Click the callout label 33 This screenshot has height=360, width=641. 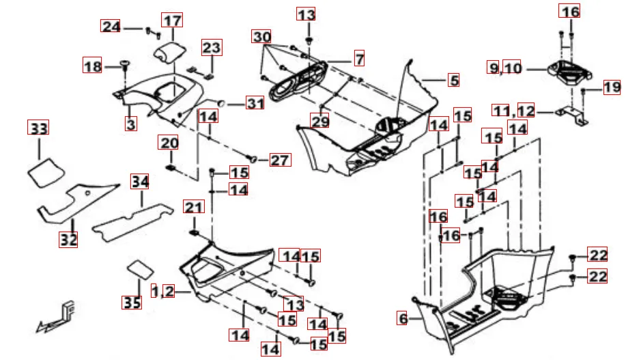click(x=39, y=127)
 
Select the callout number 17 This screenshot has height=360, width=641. click(x=172, y=20)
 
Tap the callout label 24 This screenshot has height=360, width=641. click(x=111, y=27)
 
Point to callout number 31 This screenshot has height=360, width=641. click(x=255, y=104)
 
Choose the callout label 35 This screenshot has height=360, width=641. click(x=131, y=302)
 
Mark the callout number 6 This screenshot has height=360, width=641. click(x=403, y=318)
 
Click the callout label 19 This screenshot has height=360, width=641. click(x=611, y=87)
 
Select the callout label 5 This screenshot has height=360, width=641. click(x=453, y=80)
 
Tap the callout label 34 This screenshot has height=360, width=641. click(x=140, y=182)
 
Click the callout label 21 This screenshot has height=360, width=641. click(x=194, y=208)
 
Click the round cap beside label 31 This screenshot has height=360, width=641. click(x=222, y=104)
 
